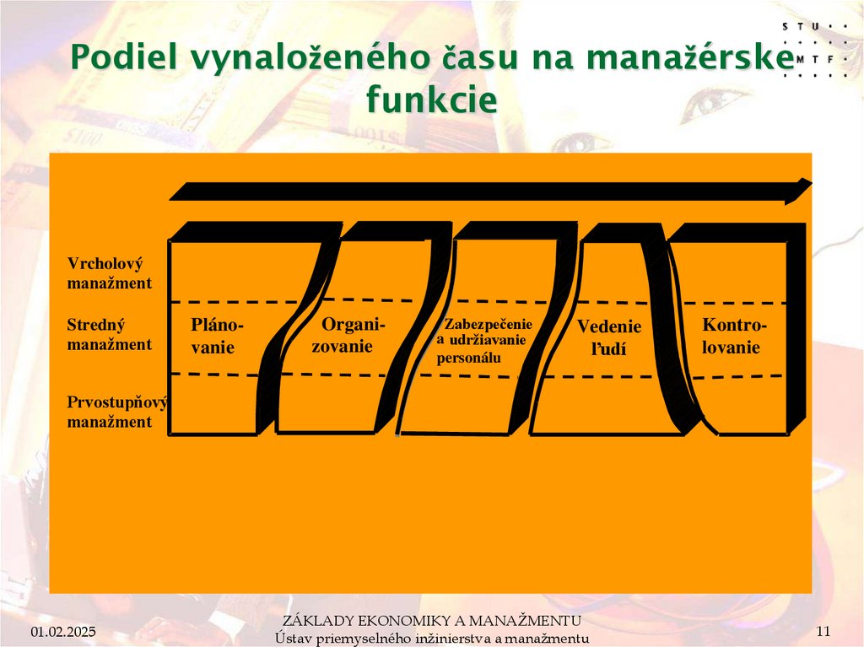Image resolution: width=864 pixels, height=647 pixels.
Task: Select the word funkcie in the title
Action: pyautogui.click(x=432, y=100)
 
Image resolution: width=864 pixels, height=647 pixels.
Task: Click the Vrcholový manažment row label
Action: pyautogui.click(x=110, y=273)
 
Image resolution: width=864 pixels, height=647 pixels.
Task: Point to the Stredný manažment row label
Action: pyautogui.click(x=110, y=334)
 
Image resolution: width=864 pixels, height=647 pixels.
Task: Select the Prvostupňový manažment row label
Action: pyautogui.click(x=116, y=412)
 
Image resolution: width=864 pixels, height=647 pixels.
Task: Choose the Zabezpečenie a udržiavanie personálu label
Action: pyautogui.click(x=484, y=341)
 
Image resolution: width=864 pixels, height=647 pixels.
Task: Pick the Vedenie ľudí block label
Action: pyautogui.click(x=609, y=337)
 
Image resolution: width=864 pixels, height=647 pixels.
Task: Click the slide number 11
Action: pyautogui.click(x=824, y=632)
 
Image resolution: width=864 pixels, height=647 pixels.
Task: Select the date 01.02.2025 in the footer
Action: pyautogui.click(x=64, y=632)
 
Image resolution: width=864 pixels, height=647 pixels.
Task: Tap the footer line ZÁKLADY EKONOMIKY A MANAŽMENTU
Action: pyautogui.click(x=432, y=623)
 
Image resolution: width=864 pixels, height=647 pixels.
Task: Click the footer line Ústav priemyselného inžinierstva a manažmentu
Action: pyautogui.click(x=432, y=639)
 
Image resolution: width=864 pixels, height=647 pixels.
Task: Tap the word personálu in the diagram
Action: pyautogui.click(x=469, y=358)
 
